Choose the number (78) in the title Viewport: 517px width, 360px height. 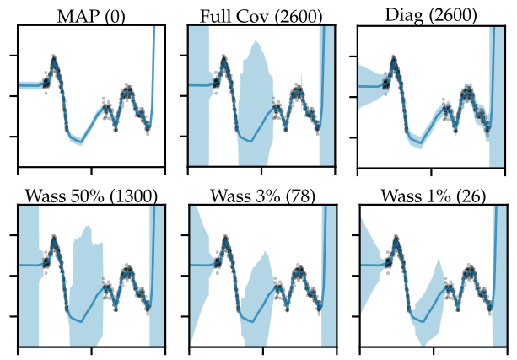pos(298,196)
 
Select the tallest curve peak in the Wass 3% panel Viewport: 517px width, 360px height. pos(225,239)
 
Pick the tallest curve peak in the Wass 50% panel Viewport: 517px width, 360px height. pos(55,239)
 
